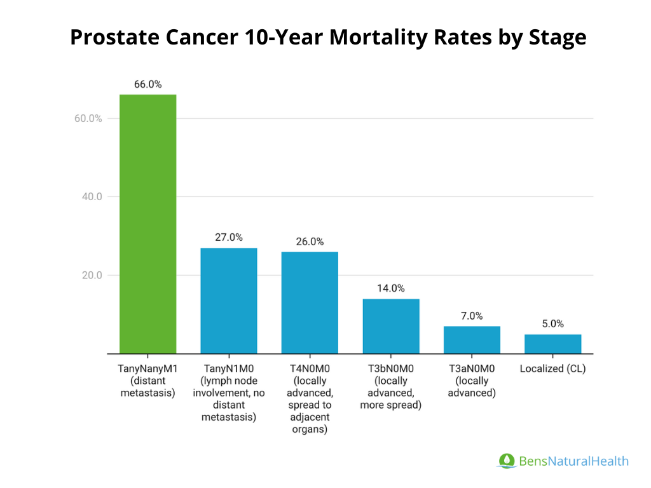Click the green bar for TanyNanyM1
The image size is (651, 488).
point(148,224)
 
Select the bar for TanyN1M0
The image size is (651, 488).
point(229,301)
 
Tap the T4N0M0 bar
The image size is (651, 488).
point(310,302)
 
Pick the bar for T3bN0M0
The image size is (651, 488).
point(391,326)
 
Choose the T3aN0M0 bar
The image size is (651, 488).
point(472,340)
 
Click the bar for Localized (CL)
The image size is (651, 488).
point(552,344)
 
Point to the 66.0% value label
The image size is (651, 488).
point(148,84)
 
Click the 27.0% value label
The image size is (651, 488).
point(229,237)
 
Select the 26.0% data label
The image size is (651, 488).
point(310,241)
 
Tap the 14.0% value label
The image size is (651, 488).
point(391,288)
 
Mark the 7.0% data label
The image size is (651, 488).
point(472,316)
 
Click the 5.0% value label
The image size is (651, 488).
point(552,323)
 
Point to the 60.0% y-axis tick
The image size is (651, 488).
point(88,119)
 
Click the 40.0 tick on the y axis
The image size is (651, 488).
point(92,197)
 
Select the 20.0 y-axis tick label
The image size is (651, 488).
point(92,276)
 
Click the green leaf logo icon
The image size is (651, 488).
point(507,461)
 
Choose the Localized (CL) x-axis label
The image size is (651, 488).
point(552,369)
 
